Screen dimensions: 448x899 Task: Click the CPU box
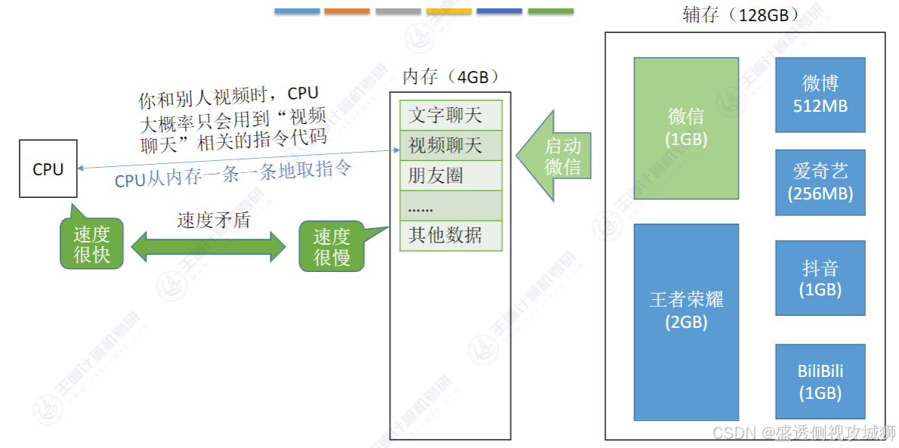[48, 169]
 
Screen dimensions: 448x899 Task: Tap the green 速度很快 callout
[91, 244]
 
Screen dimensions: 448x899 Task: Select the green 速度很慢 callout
[332, 247]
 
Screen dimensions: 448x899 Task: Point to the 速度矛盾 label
[213, 220]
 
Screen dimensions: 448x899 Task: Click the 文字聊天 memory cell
[450, 116]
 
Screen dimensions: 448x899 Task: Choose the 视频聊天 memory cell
[450, 145]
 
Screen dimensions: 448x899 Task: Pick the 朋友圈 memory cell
[450, 175]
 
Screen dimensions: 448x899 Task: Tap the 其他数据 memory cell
[450, 236]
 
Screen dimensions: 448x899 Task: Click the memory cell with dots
[450, 205]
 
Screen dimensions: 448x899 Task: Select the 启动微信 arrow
[557, 156]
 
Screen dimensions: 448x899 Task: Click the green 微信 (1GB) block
[686, 128]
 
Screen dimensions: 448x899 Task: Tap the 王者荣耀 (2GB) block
[686, 321]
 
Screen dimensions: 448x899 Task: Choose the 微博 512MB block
[820, 94]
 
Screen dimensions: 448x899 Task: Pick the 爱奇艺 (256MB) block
[820, 182]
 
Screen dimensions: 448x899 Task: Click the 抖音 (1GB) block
[820, 278]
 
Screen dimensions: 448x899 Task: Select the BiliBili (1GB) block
[820, 382]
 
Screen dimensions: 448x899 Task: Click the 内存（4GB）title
[450, 77]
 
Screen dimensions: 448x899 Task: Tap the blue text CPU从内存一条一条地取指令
[233, 173]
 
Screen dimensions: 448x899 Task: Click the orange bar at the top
[347, 11]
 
